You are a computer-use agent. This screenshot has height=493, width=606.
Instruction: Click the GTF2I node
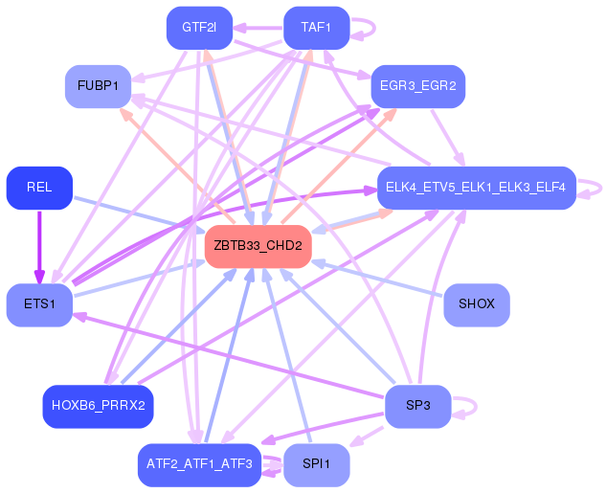tap(199, 28)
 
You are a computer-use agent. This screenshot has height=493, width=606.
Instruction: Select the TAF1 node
tap(316, 28)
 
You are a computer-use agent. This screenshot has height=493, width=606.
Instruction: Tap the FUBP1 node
tap(98, 86)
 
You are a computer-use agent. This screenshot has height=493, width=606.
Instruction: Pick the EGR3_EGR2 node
tap(417, 86)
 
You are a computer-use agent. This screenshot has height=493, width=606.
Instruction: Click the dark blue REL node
tap(39, 187)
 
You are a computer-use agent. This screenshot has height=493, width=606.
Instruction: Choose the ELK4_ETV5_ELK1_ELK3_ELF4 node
tap(476, 187)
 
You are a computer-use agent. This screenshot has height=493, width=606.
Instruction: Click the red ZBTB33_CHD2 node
tap(258, 246)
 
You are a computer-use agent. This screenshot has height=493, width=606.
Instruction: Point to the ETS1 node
tap(39, 304)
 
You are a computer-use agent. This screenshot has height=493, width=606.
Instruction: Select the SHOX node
tap(477, 304)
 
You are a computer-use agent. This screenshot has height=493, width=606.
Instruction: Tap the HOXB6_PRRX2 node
tap(98, 406)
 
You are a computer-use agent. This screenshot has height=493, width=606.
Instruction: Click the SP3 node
tap(417, 406)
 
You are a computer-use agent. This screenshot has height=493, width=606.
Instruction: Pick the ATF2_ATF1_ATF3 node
tap(199, 464)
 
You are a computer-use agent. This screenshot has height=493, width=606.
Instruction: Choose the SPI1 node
tap(316, 464)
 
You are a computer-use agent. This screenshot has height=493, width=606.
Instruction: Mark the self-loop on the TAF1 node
tap(365, 28)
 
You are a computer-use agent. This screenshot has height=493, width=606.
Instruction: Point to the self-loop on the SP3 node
tap(466, 406)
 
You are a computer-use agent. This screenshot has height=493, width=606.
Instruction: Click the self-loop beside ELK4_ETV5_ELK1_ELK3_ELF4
tap(593, 187)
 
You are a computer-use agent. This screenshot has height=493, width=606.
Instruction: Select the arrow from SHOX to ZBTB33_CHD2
tap(378, 278)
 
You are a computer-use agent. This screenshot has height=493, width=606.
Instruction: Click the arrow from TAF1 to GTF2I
tap(258, 28)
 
